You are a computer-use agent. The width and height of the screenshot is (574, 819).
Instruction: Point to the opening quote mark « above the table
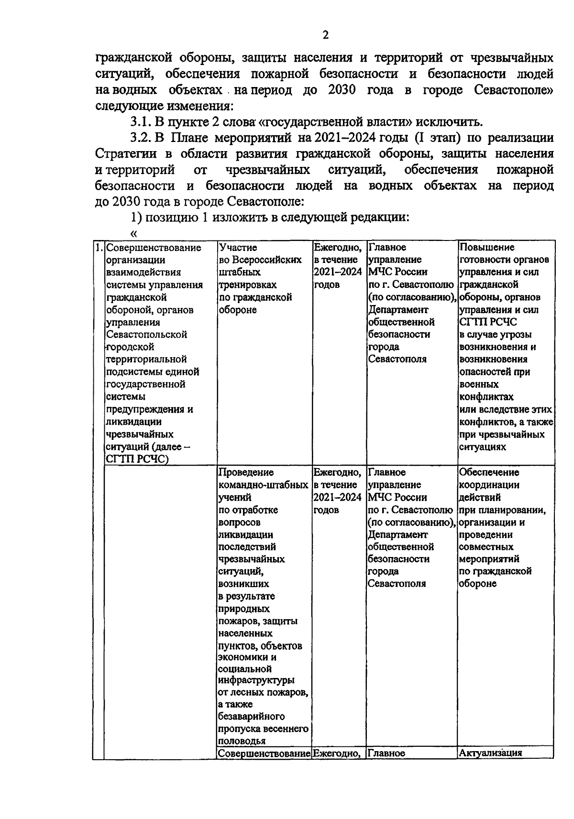pos(133,233)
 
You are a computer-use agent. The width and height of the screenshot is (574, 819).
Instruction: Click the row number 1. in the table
pos(98,248)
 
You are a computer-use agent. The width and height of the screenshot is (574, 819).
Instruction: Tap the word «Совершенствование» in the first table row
pos(153,248)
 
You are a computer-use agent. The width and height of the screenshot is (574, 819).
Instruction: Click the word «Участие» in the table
pos(237,248)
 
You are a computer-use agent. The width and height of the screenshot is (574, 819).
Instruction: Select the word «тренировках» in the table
pos(247,285)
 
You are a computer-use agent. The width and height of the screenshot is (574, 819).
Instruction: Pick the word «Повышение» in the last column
pos(486,248)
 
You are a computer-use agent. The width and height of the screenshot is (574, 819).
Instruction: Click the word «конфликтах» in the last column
pos(486,397)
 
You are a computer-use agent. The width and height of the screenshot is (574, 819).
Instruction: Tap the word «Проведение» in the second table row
pos(246,472)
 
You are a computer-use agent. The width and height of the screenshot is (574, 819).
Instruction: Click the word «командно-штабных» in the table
pos(263,485)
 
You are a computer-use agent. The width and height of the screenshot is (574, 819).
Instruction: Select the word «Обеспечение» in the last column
pos(489,472)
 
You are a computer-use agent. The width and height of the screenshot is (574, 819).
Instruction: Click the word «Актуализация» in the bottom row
pos(490,753)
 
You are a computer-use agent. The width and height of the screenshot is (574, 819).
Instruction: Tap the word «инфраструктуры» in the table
pos(256,680)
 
